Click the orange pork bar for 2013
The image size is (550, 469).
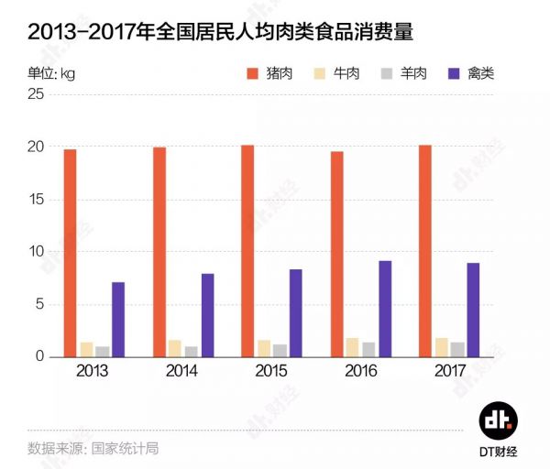pyautogui.click(x=71, y=253)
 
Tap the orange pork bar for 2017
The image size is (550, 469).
pyautogui.click(x=424, y=251)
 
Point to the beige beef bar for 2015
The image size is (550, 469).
pyautogui.click(x=264, y=348)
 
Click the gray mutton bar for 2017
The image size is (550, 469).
pyautogui.click(x=457, y=349)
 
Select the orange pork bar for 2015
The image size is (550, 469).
pyautogui.click(x=247, y=251)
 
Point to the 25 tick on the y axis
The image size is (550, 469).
pyautogui.click(x=36, y=94)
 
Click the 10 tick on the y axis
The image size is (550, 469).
pyautogui.click(x=36, y=252)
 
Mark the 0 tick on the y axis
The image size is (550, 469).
pyautogui.click(x=40, y=356)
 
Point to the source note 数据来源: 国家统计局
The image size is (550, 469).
pyautogui.click(x=93, y=449)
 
